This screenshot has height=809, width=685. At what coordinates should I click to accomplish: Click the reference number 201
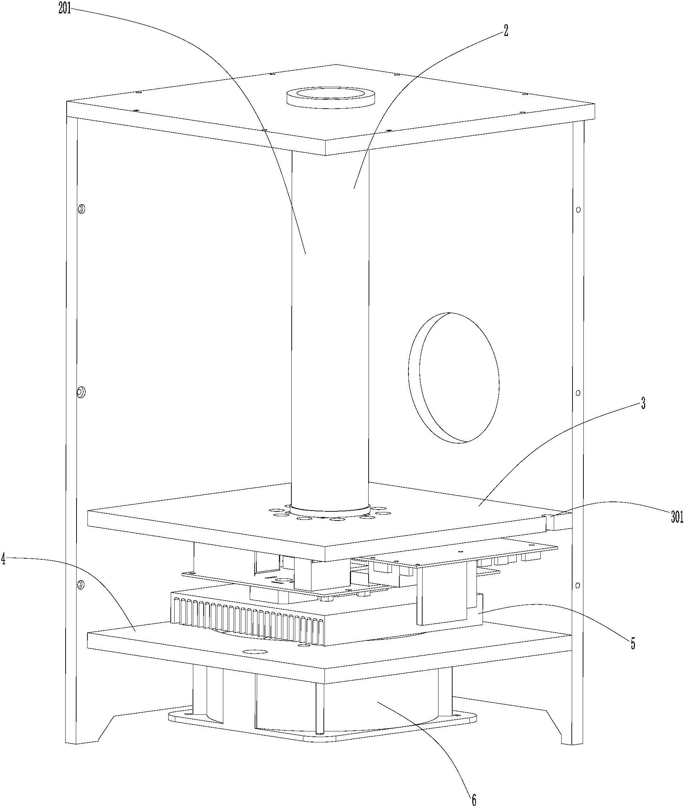65,9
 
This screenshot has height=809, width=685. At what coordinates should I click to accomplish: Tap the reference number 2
505,31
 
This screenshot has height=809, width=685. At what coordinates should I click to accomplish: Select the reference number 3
643,404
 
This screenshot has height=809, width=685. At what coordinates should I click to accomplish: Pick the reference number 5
633,644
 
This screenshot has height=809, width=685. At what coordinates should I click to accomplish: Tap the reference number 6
474,798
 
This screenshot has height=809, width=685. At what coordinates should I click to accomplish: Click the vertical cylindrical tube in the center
330,330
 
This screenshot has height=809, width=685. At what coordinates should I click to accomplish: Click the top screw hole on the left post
81,209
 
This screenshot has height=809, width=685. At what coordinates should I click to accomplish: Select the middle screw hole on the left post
81,392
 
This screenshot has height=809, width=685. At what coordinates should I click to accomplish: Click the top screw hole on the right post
578,209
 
